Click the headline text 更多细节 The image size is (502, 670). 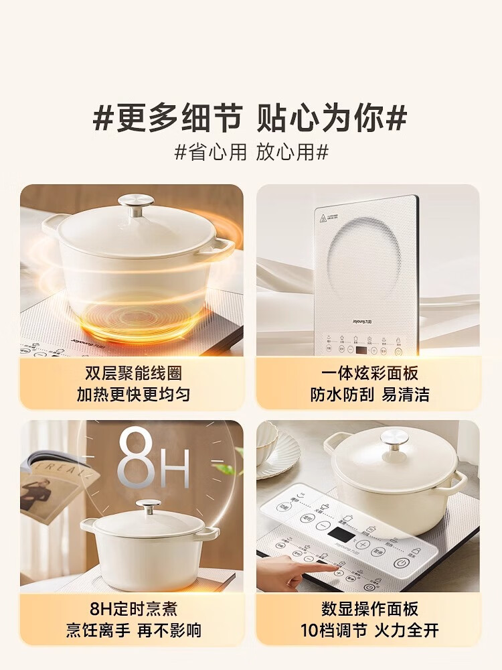coord(177,119)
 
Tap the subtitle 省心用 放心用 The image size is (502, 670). coord(251,152)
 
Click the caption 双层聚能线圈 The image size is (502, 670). coord(133,373)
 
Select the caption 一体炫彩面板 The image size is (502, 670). coord(369,373)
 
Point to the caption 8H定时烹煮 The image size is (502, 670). coord(133,608)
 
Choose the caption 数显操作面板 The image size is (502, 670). coord(369,608)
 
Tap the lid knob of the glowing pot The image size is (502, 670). coord(138,203)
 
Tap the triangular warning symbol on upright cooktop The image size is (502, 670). coord(325,216)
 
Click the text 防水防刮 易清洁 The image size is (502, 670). coord(369,394)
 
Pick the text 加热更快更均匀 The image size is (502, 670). coord(133,394)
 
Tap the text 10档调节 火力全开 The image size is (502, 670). coord(369,630)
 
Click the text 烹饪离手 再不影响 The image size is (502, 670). coord(133,630)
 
